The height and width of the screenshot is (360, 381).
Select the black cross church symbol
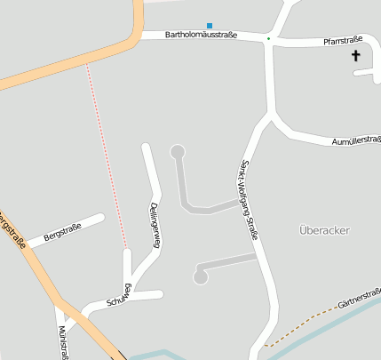coord(356,56)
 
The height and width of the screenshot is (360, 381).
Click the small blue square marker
coord(210,25)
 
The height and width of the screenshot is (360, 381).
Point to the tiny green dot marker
coord(268,39)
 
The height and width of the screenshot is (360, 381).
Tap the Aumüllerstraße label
coord(355,140)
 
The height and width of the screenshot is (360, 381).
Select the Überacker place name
coord(324,230)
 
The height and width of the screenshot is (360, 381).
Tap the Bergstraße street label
coord(62,233)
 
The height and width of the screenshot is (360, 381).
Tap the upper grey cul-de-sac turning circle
coord(178,151)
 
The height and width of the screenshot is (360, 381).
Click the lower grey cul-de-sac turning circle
coord(201,277)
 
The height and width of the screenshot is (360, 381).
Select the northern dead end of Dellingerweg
coord(146,146)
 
